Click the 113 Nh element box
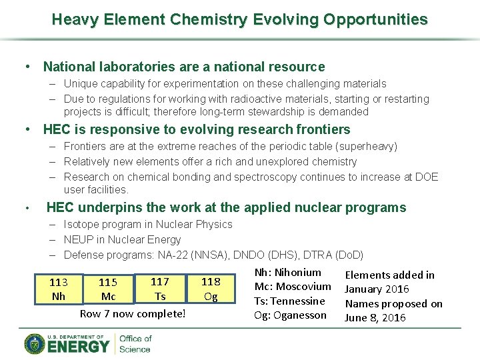click(59, 289)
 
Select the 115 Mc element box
click(108, 289)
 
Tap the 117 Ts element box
click(160, 289)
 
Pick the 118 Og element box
click(211, 289)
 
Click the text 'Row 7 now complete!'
click(133, 313)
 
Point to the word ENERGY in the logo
click(79, 347)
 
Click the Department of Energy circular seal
click(35, 344)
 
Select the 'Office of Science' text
click(135, 344)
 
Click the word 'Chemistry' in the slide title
click(208, 19)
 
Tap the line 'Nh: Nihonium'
click(288, 272)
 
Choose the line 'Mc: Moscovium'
click(293, 286)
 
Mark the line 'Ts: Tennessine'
click(289, 301)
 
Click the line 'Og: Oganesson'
click(291, 315)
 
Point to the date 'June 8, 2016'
click(375, 318)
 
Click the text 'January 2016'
click(373, 289)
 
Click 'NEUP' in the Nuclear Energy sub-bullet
click(79, 239)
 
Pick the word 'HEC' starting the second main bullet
click(57, 129)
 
